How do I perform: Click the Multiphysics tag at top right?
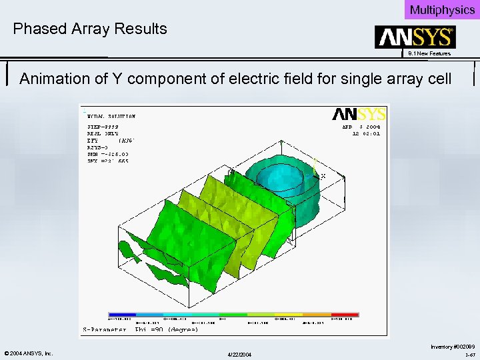point(442,10)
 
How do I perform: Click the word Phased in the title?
point(38,29)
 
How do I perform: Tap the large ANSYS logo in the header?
point(415,37)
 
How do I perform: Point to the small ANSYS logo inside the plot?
point(359,114)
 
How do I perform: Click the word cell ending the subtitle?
point(437,79)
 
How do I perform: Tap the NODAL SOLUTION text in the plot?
point(111,117)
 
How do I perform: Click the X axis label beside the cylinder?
point(323,176)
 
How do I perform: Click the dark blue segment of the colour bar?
point(122,314)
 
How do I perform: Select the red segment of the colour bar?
point(345,314)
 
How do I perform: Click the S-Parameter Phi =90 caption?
point(140,329)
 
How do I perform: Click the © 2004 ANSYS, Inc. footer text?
point(28,353)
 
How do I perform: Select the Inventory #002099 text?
point(453,347)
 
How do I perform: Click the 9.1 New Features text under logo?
point(429,53)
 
